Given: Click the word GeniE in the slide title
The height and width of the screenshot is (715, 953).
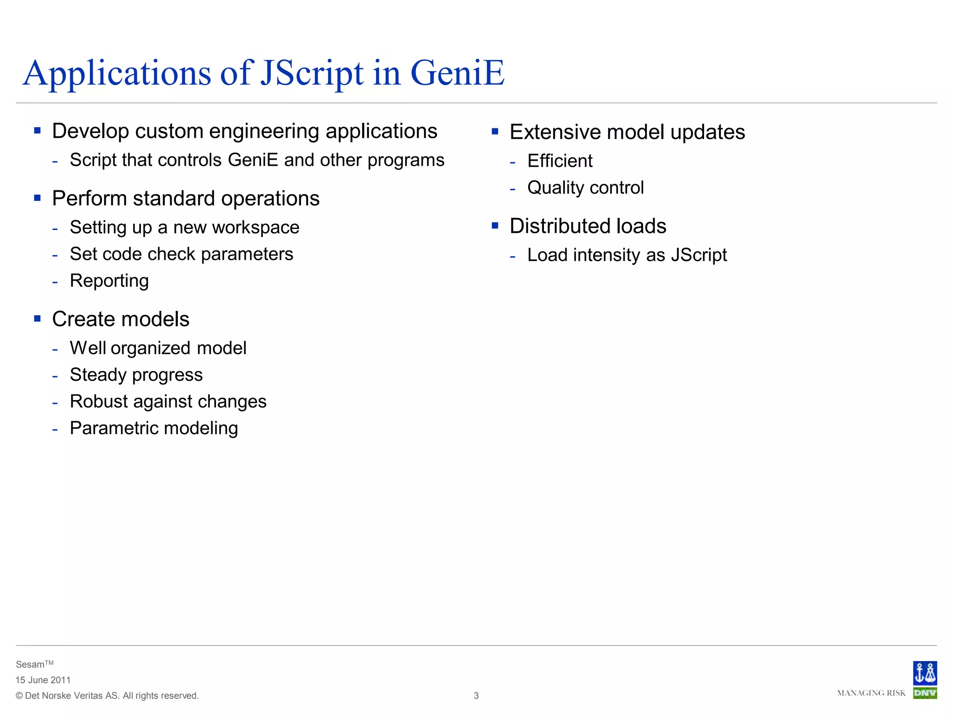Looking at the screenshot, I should click(457, 73).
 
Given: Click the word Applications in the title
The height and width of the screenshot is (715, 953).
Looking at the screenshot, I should click(117, 73).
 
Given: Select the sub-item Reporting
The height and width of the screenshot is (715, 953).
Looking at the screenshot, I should click(109, 281).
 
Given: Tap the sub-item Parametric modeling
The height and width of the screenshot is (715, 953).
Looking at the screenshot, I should click(154, 428).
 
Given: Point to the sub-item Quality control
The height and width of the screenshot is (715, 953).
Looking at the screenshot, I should click(585, 188).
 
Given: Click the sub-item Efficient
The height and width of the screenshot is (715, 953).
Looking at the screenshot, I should click(560, 161).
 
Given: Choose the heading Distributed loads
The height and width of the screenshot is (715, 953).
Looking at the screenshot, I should click(588, 226).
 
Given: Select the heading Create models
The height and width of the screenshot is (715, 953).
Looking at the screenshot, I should click(121, 319).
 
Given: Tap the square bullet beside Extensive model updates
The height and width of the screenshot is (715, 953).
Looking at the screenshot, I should click(495, 132).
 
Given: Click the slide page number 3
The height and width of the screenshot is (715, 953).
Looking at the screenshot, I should click(476, 695).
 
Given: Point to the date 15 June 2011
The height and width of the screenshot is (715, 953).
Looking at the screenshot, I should click(43, 680).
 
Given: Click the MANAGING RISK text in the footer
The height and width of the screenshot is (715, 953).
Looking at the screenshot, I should click(871, 693).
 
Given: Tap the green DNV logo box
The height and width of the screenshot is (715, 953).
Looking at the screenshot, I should click(925, 693).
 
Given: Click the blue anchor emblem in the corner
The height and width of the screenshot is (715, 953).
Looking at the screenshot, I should click(925, 673).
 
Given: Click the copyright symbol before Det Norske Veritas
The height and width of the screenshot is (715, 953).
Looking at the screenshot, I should click(19, 696).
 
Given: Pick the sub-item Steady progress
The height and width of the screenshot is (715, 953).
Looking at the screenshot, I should click(136, 375).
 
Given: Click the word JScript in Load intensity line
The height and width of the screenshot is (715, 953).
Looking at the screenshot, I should click(698, 255).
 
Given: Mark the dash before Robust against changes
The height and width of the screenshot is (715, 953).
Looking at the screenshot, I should click(55, 402).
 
